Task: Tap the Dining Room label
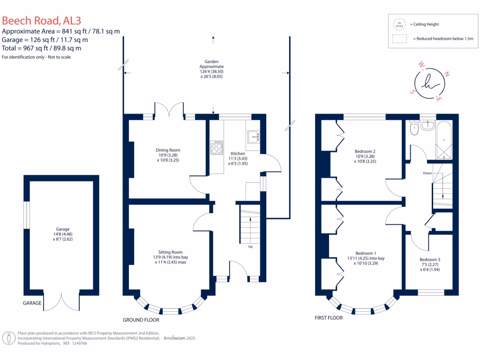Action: tap(168, 155)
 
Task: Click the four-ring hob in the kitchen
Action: tap(217, 148)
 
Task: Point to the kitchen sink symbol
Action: tap(253, 137)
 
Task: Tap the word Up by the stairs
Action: tap(250, 247)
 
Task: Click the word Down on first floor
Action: tap(427, 173)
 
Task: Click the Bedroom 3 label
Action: tap(429, 264)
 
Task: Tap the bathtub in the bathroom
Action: tap(443, 139)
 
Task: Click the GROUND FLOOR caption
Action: tap(141, 320)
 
